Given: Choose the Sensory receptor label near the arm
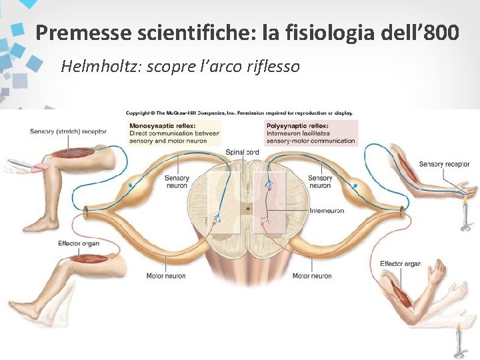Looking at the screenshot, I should (x=444, y=164).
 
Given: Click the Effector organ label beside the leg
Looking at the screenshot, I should (x=79, y=243).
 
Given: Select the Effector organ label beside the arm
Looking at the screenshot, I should (x=400, y=264).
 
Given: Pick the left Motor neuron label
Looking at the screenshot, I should (x=166, y=276).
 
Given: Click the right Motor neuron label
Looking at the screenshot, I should (x=312, y=276).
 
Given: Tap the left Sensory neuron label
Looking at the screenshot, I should (x=177, y=182).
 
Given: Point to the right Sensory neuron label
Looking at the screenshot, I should (x=320, y=182).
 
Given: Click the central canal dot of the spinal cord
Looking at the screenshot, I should (x=248, y=208).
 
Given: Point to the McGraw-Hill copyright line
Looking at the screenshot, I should (x=239, y=113).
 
